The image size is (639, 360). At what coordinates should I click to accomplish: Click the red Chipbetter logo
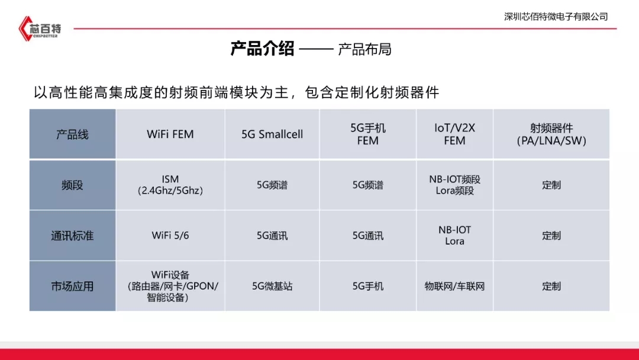click(x=40, y=28)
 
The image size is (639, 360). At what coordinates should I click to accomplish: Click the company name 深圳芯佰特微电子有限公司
click(x=556, y=17)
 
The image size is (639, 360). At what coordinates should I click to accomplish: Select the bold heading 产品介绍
click(x=262, y=49)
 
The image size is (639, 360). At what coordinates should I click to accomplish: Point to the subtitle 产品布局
click(x=364, y=49)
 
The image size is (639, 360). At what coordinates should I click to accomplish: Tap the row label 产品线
click(x=72, y=134)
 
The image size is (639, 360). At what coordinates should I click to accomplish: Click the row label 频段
click(x=72, y=185)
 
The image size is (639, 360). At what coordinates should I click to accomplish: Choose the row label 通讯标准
click(x=72, y=236)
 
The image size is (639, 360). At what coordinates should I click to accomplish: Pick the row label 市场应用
click(x=72, y=286)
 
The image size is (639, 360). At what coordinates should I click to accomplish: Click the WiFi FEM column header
click(x=170, y=134)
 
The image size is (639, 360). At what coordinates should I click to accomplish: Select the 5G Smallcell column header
click(x=272, y=134)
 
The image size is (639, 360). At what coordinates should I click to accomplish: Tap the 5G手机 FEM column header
click(x=367, y=134)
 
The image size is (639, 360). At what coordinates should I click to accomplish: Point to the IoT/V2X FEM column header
click(x=454, y=134)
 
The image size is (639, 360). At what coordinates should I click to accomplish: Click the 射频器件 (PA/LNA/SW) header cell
click(x=551, y=134)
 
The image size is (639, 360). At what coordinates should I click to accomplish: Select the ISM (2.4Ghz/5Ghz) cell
click(x=170, y=185)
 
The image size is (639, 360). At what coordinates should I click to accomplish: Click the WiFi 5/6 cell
click(x=170, y=236)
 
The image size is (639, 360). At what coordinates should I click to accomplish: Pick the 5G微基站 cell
click(x=272, y=286)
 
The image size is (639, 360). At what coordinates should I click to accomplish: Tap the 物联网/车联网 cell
click(x=454, y=286)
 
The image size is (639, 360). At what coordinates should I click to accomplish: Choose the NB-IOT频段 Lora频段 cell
click(x=454, y=185)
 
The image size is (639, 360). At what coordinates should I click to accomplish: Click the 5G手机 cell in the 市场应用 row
click(x=367, y=286)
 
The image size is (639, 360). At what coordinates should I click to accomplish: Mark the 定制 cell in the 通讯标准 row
click(x=551, y=236)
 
